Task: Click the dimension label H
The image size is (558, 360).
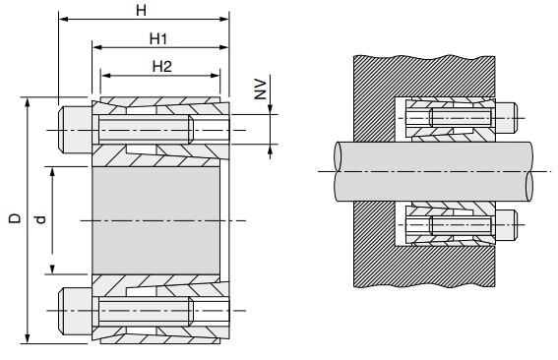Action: pyautogui.click(x=142, y=10)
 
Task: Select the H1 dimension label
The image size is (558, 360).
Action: pyautogui.click(x=158, y=38)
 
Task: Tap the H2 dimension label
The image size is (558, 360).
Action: pyautogui.click(x=162, y=67)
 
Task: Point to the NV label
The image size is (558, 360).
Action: pyautogui.click(x=260, y=90)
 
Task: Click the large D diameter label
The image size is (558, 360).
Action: pyautogui.click(x=15, y=218)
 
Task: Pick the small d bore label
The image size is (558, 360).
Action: pyautogui.click(x=41, y=219)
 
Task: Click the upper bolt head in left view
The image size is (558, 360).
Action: pyautogui.click(x=75, y=130)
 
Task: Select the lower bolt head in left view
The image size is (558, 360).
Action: pyautogui.click(x=75, y=311)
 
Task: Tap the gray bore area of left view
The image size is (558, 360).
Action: pyautogui.click(x=155, y=220)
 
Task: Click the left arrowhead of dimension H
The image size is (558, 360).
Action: pyautogui.click(x=63, y=19)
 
